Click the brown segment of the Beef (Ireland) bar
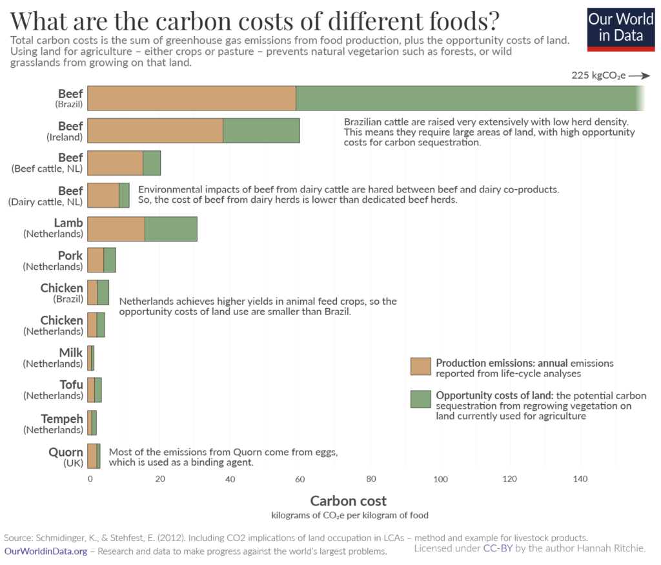pos(155,130)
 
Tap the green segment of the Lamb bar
pos(170,229)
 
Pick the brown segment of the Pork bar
pos(96,260)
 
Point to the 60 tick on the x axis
pos(301,479)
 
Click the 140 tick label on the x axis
pos(580,479)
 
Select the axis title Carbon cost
pos(349,501)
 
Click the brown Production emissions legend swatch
pos(420,366)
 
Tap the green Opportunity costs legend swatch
pos(420,399)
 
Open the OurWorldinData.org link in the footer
pos(46,551)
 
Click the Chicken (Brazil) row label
pos(62,293)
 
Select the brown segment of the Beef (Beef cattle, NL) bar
pos(115,163)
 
